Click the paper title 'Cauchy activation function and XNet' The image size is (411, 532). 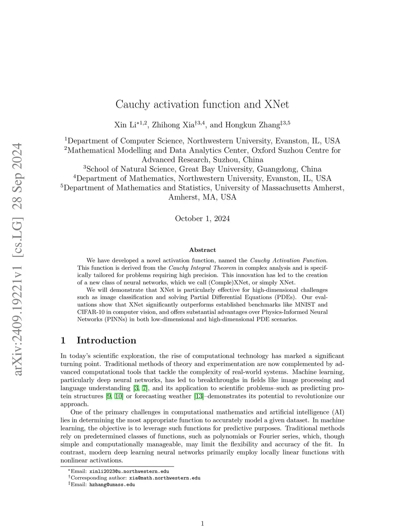(202, 104)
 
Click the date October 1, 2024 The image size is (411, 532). (202, 218)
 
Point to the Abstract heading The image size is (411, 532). (202, 250)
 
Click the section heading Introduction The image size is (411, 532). (106, 340)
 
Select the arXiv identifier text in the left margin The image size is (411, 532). (18, 259)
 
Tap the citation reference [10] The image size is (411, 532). (119, 396)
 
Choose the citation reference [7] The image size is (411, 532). (145, 388)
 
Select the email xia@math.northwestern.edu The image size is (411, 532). (165, 478)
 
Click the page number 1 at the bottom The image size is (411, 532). (202, 523)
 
